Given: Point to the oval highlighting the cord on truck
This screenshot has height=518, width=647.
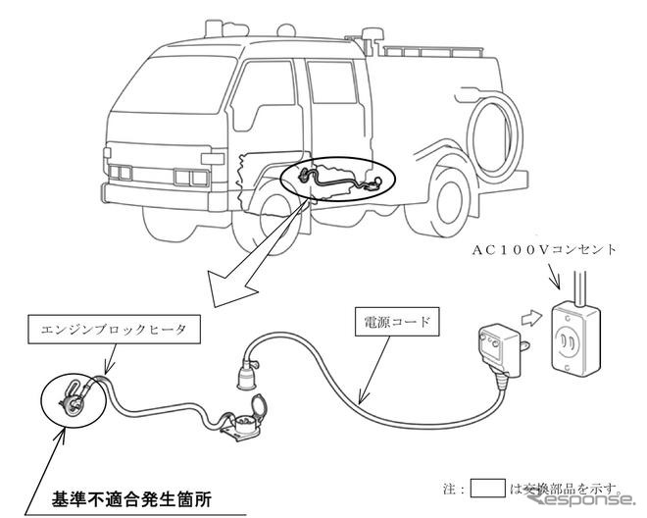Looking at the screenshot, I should [337, 181].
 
